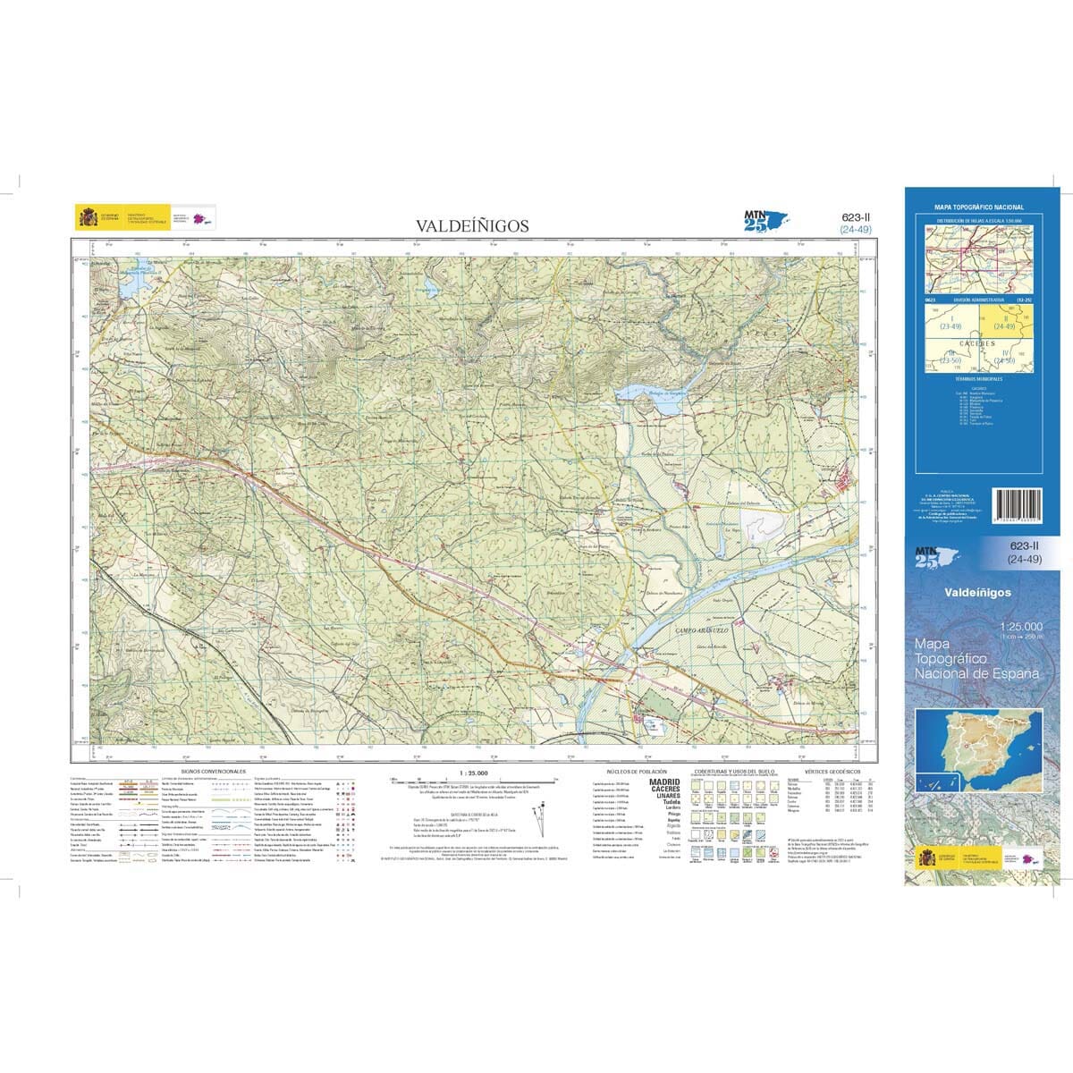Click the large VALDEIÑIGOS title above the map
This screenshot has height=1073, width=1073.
[471, 226]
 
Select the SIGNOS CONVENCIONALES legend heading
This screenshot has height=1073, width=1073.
[213, 771]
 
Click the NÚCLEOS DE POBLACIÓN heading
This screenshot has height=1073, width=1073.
[637, 771]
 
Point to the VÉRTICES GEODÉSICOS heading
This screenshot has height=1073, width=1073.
[832, 771]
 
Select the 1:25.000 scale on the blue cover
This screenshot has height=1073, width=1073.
[1022, 626]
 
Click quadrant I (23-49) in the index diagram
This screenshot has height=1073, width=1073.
[950, 324]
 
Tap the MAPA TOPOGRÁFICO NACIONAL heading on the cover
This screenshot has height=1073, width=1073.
[978, 207]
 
